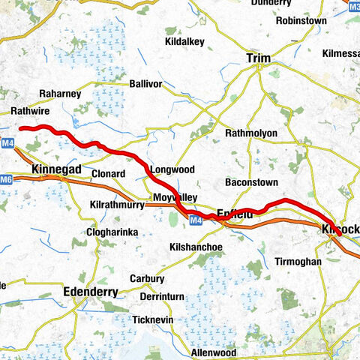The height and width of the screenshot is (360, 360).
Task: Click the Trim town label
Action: tap(258, 58)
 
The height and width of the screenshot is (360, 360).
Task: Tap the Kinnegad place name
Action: tap(58, 170)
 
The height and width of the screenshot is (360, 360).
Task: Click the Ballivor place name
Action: tap(145, 83)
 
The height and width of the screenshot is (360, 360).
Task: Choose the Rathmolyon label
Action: tap(251, 133)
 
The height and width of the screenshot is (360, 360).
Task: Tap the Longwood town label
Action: tap(172, 170)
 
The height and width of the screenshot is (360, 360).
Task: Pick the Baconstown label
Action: tap(251, 182)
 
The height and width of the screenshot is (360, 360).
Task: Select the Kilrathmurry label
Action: tap(116, 205)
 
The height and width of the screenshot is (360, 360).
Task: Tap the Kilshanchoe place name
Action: tap(196, 247)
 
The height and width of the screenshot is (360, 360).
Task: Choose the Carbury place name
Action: tap(146, 278)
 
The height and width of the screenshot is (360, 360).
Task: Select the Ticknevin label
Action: tap(153, 319)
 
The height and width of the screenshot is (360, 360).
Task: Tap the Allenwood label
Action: tap(214, 352)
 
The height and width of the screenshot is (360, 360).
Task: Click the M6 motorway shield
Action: tap(7, 179)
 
